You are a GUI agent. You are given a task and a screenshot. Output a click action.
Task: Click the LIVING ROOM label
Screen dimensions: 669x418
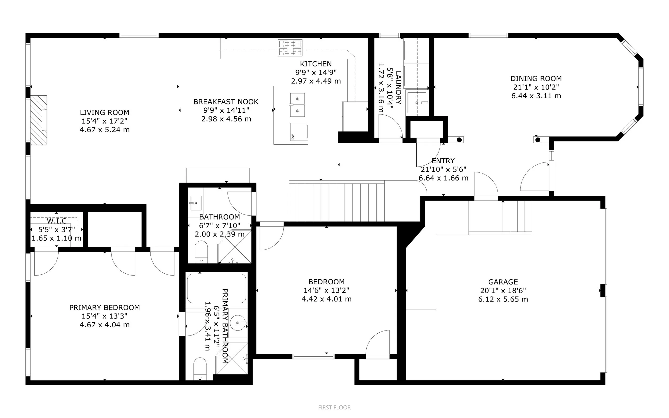(x=104, y=112)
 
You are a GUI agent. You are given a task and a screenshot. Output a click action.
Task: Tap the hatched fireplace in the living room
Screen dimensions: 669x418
(x=38, y=120)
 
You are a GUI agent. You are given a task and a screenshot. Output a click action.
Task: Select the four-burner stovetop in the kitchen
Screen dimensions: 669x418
(x=290, y=48)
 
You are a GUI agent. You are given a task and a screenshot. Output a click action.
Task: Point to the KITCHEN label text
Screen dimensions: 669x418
(x=316, y=64)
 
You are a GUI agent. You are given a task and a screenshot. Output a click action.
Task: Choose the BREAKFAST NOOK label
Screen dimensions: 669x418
(x=226, y=102)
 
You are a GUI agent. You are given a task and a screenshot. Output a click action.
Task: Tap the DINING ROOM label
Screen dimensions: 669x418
(x=536, y=78)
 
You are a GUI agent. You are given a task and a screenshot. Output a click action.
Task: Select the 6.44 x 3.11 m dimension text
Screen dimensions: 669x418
(x=536, y=96)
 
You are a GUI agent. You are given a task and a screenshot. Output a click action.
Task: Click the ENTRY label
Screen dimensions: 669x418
(x=443, y=161)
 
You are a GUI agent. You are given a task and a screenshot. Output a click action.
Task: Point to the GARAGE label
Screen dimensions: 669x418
(x=503, y=282)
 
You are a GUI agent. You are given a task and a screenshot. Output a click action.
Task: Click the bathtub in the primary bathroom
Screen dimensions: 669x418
(x=216, y=288)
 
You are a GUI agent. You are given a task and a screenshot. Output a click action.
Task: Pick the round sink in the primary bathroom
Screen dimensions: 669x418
(x=238, y=323)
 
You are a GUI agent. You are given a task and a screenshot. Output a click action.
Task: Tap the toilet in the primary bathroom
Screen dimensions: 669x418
(x=200, y=369)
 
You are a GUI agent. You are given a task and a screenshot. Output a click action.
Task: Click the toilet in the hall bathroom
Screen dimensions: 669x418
(x=201, y=252)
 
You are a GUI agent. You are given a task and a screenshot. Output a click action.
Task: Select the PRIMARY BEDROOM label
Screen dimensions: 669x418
(x=104, y=307)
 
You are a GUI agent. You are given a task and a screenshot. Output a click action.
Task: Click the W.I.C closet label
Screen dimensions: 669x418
(x=57, y=221)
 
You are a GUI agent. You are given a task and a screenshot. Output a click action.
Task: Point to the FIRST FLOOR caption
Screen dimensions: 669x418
(x=334, y=408)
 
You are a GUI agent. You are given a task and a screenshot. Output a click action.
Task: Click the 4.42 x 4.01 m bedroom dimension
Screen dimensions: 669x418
(x=326, y=299)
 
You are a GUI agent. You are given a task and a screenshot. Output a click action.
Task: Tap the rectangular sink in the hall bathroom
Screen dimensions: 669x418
(x=196, y=203)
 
